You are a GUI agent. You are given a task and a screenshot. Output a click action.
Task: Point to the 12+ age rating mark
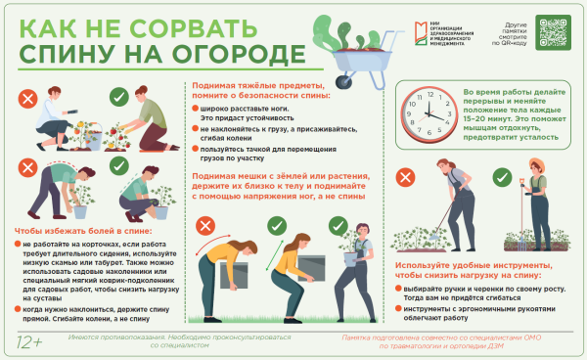coord(30,342)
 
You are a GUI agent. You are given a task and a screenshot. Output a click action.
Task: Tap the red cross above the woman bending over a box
coord(206,226)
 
